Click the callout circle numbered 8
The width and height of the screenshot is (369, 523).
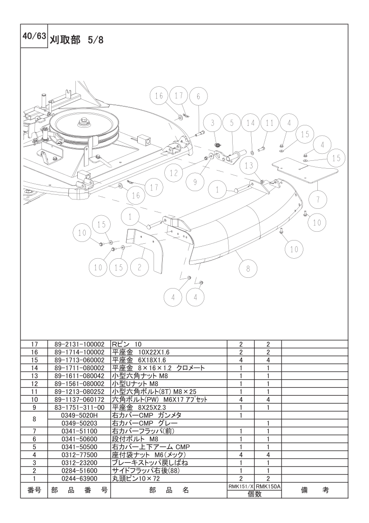point(248,268)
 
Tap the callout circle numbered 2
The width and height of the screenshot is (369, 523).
point(139,267)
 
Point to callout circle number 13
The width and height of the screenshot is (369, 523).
point(249,165)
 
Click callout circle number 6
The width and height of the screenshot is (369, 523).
point(198,97)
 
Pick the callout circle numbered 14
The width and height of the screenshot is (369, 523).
point(250,123)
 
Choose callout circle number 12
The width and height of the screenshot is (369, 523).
point(174,173)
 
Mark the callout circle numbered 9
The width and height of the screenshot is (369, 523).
point(195,182)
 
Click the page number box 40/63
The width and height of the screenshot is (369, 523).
point(34,36)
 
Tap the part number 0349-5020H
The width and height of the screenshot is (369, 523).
point(79,415)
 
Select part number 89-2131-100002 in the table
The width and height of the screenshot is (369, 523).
point(79,344)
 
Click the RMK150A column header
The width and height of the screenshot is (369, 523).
point(268,486)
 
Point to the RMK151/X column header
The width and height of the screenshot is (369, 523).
point(241,486)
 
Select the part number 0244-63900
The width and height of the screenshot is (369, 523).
point(79,479)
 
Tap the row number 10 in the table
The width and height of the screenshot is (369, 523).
point(34,399)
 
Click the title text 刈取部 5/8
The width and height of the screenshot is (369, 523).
point(77,40)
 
